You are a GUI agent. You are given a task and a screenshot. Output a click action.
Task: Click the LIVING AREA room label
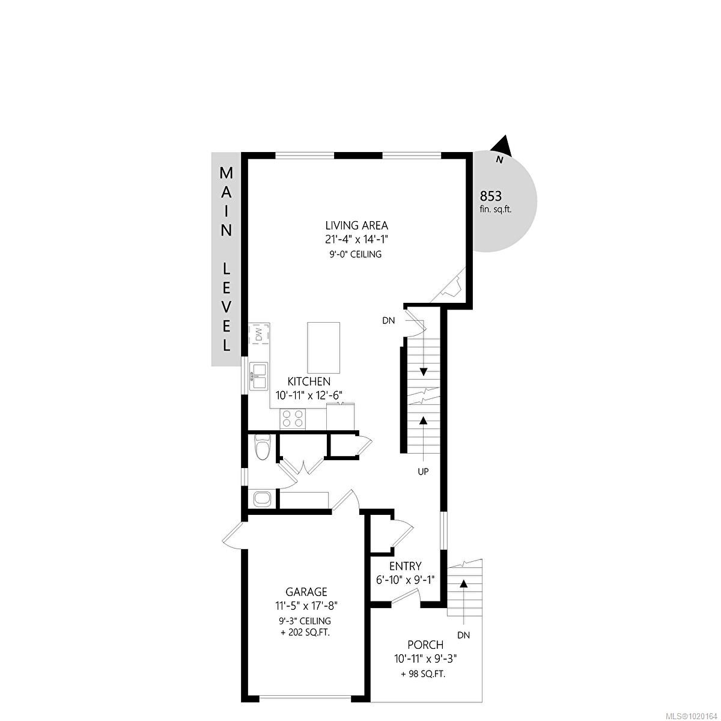pos(356,226)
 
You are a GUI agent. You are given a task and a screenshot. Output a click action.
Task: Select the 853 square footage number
pos(490,196)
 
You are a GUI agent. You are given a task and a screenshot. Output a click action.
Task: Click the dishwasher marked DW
pos(259,334)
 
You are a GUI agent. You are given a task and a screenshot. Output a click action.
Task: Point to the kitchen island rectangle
pos(323,348)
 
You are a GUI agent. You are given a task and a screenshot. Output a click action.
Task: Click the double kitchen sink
pos(260,377)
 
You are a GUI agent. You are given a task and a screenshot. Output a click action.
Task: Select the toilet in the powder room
pos(262,448)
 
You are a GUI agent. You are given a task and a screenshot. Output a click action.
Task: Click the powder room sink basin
pos(262,498)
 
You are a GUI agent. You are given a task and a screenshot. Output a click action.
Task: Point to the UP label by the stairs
pos(423,472)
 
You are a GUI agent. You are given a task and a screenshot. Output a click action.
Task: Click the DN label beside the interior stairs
pos(388,321)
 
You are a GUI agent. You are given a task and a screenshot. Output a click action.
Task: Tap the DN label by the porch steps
pos(463,635)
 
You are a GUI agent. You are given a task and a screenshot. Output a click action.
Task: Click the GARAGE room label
pos(306,592)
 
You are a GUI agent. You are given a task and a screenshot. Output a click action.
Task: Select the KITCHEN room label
pos(309,382)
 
